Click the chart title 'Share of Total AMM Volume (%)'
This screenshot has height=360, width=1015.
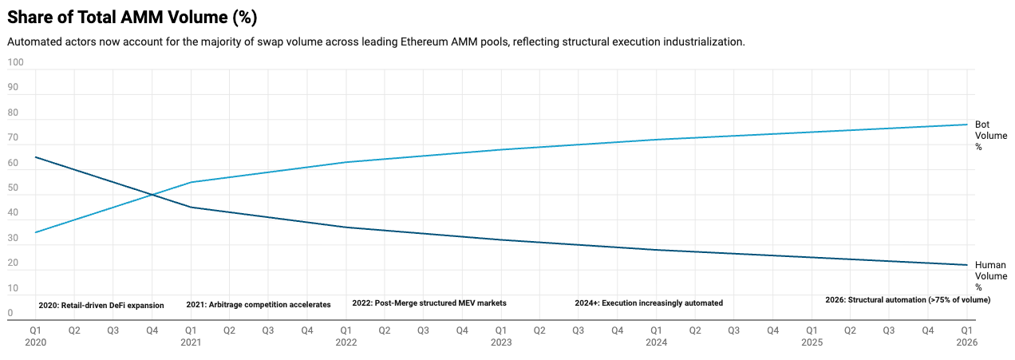[132, 17]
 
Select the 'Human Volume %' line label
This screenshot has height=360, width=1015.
[989, 276]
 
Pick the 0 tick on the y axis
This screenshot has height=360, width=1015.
[10, 314]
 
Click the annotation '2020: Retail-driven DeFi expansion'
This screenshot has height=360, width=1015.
[101, 306]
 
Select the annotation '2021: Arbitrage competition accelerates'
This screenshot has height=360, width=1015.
[259, 305]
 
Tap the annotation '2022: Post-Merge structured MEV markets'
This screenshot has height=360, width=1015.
[429, 303]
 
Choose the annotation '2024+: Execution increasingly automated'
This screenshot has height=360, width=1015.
[649, 303]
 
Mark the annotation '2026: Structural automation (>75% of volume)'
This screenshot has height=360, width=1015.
[907, 300]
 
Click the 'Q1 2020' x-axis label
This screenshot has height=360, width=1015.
[36, 335]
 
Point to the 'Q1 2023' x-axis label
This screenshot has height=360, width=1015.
[501, 335]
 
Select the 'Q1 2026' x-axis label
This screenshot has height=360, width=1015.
[966, 335]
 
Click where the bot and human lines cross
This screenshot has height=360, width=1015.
[152, 195]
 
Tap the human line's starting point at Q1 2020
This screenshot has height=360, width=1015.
[36, 157]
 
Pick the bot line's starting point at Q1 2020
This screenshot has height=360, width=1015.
[36, 232]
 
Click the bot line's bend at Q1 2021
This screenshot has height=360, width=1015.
[192, 182]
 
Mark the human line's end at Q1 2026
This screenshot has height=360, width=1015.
[966, 265]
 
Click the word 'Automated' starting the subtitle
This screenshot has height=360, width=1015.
[33, 42]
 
